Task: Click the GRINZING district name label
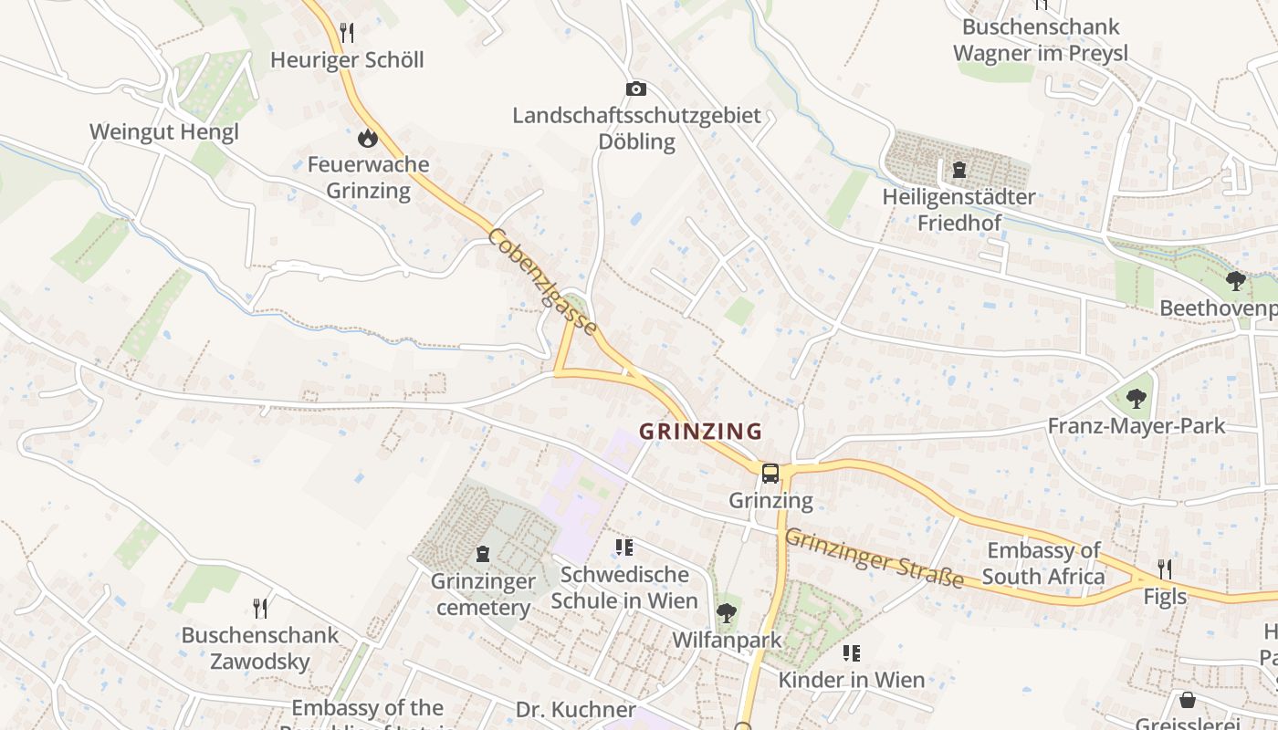(700, 431)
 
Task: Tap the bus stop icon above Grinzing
(770, 473)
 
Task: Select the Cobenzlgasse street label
(543, 282)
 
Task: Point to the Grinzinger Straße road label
(874, 558)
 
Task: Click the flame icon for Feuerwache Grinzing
(368, 139)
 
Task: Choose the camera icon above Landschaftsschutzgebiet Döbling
(636, 89)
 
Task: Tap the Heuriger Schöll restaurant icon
(347, 33)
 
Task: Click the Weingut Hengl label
(164, 131)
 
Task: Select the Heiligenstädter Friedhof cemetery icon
(958, 170)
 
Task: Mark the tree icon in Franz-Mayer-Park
(1136, 399)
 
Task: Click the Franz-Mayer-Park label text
(1137, 426)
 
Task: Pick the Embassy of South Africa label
(1043, 563)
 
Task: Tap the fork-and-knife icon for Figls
(1165, 569)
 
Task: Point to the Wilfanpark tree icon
(727, 612)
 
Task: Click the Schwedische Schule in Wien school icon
(624, 547)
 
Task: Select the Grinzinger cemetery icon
(483, 554)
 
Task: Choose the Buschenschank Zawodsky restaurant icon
(260, 608)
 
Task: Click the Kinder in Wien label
(851, 680)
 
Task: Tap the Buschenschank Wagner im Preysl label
(1041, 40)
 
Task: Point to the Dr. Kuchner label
(575, 710)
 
